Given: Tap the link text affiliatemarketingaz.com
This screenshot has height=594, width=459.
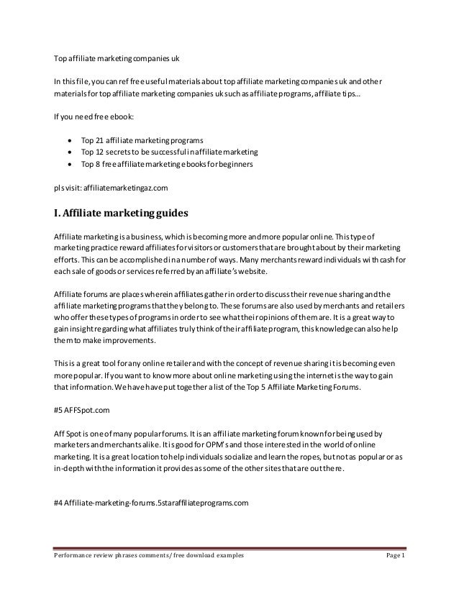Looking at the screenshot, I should click(125, 188).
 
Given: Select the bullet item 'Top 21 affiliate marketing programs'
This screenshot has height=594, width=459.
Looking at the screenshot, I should click(142, 140).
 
